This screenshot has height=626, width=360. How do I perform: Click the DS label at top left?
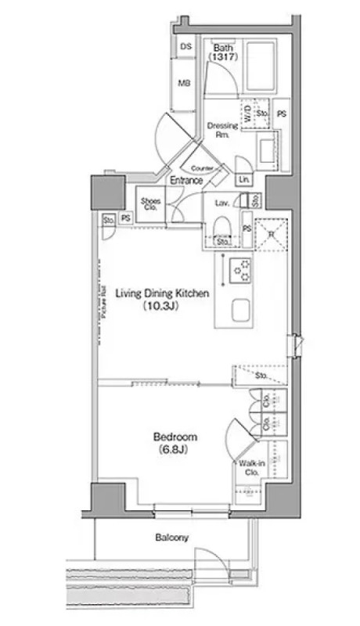(x=185, y=48)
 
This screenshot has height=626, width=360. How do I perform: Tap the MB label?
(x=185, y=84)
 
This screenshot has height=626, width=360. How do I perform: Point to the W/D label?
(x=246, y=114)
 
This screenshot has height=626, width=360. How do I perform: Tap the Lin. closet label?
(x=243, y=180)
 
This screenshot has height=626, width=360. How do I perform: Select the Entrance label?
(x=187, y=181)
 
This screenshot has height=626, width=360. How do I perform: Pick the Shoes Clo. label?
(x=151, y=204)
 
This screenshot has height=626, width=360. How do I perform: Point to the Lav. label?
(x=221, y=203)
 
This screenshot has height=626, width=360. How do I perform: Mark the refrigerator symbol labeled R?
(x=270, y=232)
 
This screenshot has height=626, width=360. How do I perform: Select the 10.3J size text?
(x=162, y=308)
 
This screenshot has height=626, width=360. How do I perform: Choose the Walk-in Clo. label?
(x=251, y=469)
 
